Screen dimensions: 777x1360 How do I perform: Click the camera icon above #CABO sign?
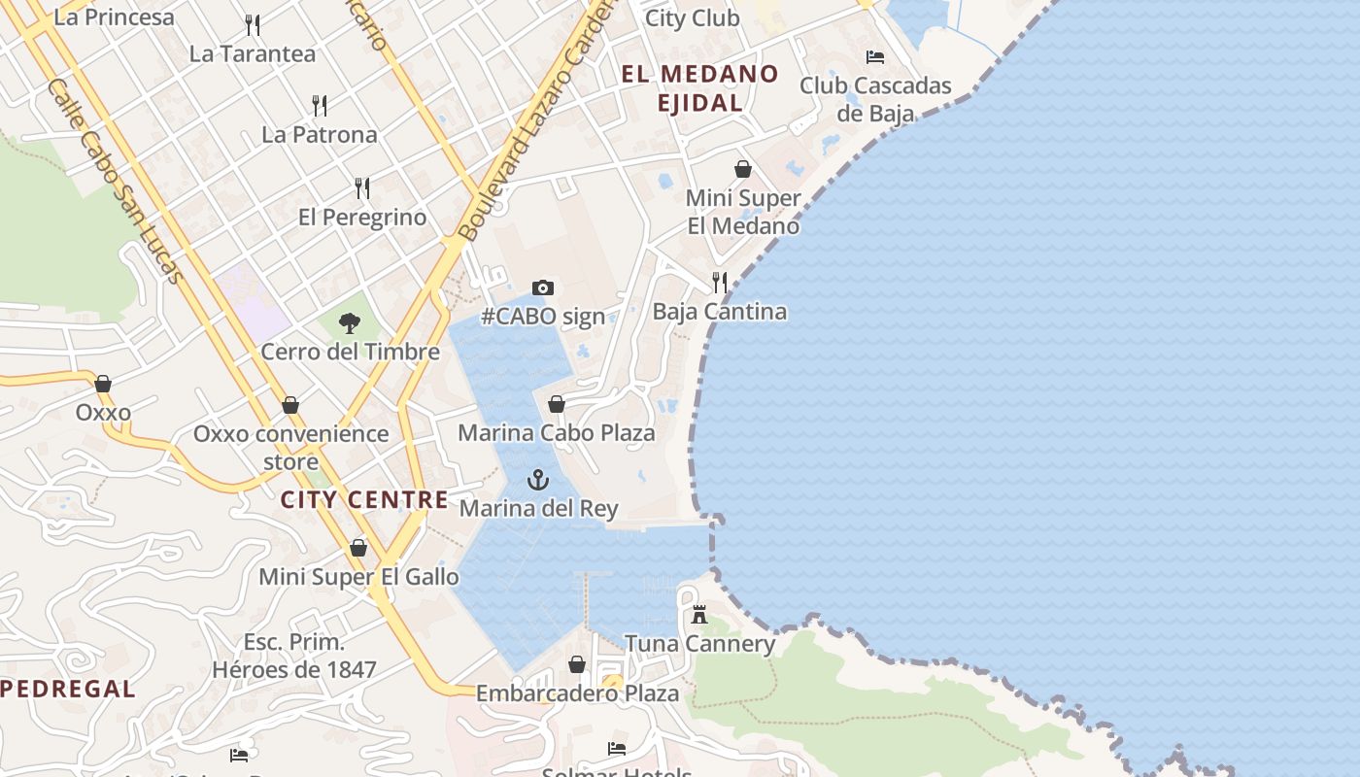[543, 287]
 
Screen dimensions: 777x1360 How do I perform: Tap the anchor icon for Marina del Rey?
[537, 479]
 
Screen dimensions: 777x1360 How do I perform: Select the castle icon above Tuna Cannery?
[698, 614]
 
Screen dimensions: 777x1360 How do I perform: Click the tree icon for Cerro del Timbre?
[350, 323]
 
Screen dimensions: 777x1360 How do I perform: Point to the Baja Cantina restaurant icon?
[720, 283]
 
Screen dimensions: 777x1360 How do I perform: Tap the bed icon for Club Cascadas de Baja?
[875, 57]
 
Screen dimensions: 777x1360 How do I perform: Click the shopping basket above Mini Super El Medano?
[743, 169]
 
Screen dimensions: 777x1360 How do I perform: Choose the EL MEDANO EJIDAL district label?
[699, 87]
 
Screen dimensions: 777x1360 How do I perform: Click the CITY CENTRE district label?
[364, 500]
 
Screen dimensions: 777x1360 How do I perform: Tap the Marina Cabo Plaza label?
[557, 433]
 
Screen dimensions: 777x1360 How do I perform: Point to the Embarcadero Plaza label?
[577, 693]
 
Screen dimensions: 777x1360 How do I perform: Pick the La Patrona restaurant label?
[320, 135]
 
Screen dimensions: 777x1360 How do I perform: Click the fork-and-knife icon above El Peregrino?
[362, 187]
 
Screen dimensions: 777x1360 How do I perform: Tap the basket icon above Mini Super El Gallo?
[358, 549]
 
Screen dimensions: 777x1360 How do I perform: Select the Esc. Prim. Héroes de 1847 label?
[294, 656]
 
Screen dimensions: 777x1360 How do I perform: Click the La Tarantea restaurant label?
[253, 54]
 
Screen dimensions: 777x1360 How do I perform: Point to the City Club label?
[693, 18]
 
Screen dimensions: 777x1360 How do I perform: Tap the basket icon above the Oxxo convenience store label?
[289, 405]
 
